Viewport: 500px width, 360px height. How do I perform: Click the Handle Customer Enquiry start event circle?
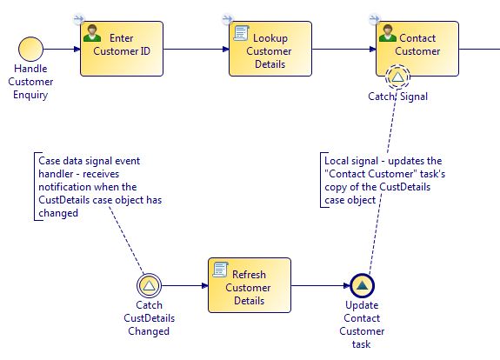pyautogui.click(x=30, y=49)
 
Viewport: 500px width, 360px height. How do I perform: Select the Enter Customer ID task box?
pyautogui.click(x=122, y=49)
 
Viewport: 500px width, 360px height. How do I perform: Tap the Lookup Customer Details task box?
pyautogui.click(x=270, y=49)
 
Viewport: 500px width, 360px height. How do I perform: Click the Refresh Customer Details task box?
pyautogui.click(x=250, y=285)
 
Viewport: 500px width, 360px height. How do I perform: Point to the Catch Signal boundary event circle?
pyautogui.click(x=397, y=77)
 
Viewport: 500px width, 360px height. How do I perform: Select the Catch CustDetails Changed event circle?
pyautogui.click(x=149, y=285)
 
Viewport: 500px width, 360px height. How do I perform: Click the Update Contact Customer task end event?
pyautogui.click(x=363, y=285)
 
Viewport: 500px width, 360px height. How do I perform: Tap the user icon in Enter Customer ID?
pyautogui.click(x=92, y=33)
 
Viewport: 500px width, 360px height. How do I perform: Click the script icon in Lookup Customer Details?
pyautogui.click(x=241, y=33)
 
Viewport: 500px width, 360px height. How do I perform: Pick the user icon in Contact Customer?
pyautogui.click(x=388, y=33)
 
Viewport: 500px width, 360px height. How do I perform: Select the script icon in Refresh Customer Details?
pyautogui.click(x=221, y=270)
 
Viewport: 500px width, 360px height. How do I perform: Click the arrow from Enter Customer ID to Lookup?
pyautogui.click(x=197, y=49)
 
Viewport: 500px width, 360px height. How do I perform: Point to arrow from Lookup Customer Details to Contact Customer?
pyautogui.click(x=344, y=49)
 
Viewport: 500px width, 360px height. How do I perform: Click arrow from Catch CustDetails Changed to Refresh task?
pyautogui.click(x=184, y=285)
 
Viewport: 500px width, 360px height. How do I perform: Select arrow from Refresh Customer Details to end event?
pyautogui.click(x=321, y=285)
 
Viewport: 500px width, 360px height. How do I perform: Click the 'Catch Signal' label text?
pyautogui.click(x=397, y=97)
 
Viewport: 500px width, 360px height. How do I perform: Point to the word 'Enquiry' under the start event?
pyautogui.click(x=30, y=95)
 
